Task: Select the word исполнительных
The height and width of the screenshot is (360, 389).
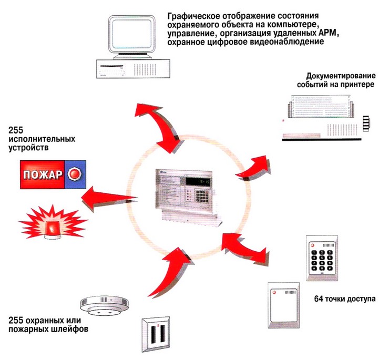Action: [x=42, y=139]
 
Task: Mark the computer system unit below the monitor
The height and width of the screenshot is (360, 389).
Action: [x=131, y=68]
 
